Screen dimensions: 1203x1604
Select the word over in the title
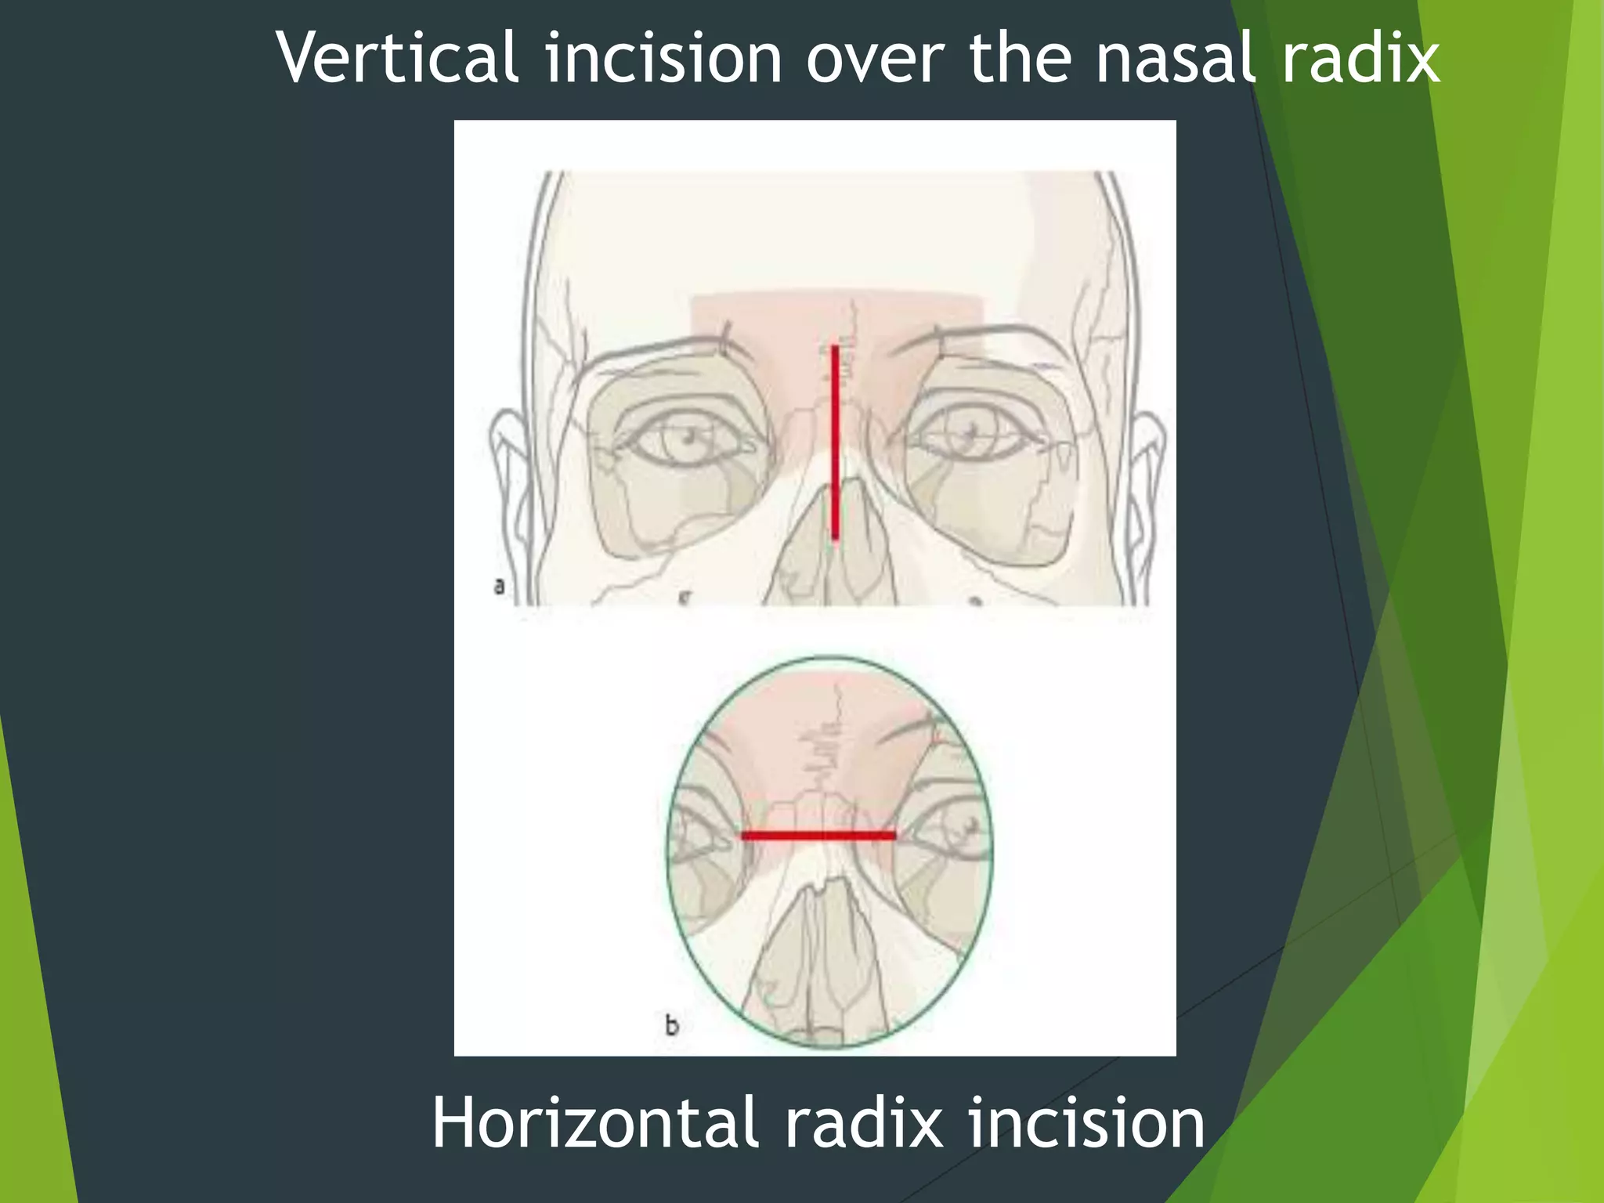pos(874,60)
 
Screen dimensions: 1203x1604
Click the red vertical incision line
pos(835,443)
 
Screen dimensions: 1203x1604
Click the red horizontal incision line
pos(818,836)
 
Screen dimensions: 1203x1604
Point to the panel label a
pos(499,586)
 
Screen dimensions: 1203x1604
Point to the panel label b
pos(671,1024)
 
